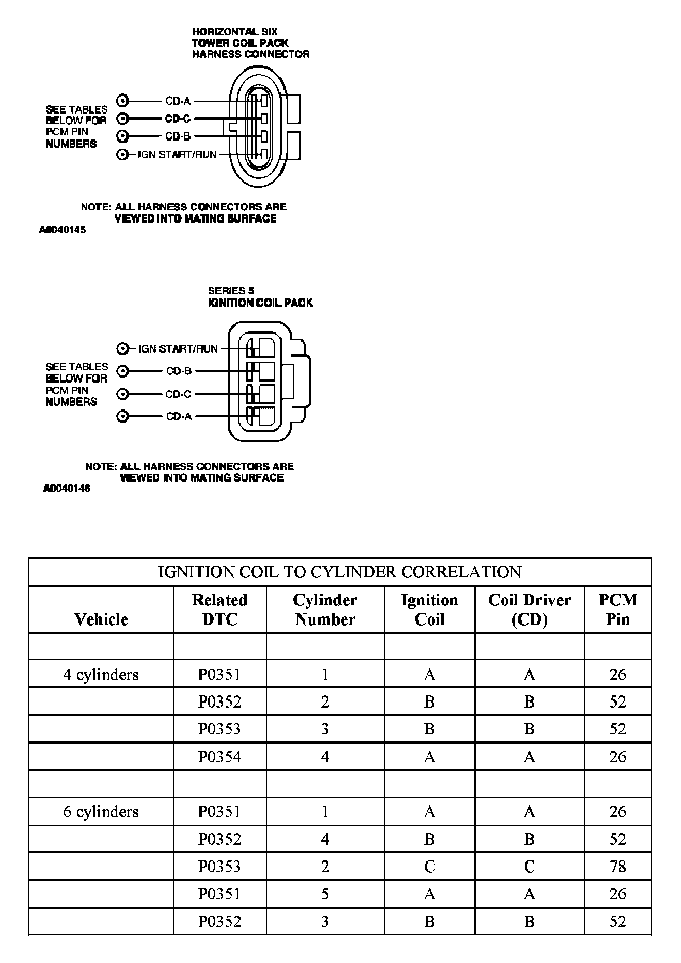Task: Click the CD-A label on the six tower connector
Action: (178, 101)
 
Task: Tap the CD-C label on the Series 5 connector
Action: (178, 394)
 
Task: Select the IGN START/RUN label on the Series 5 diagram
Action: (178, 349)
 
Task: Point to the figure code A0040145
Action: (62, 230)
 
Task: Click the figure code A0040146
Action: (66, 489)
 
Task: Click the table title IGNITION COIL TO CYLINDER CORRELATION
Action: (339, 572)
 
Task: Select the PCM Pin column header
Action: (617, 609)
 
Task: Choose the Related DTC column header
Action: (219, 609)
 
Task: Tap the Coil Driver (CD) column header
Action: (529, 609)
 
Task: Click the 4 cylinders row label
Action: (101, 674)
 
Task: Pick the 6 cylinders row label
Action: (101, 812)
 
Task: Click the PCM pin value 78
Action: (617, 867)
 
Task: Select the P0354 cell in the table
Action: (219, 756)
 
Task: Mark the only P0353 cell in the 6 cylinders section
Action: (219, 867)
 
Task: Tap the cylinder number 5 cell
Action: (325, 894)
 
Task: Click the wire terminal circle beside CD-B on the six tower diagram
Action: (122, 136)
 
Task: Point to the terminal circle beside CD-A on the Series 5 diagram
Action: (123, 416)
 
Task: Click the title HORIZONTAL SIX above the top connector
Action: (235, 32)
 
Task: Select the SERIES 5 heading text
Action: (231, 291)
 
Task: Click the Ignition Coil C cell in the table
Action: (429, 867)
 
